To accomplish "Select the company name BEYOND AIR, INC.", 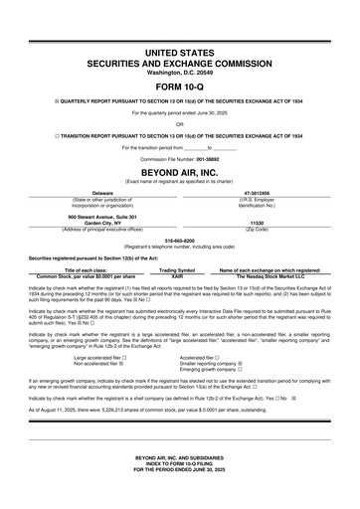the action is (x=180, y=171).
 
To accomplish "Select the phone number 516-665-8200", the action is (x=180, y=240).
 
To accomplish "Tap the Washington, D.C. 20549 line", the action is (x=180, y=72).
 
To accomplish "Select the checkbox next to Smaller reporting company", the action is (x=241, y=362).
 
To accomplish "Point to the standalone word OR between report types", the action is (x=180, y=124).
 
